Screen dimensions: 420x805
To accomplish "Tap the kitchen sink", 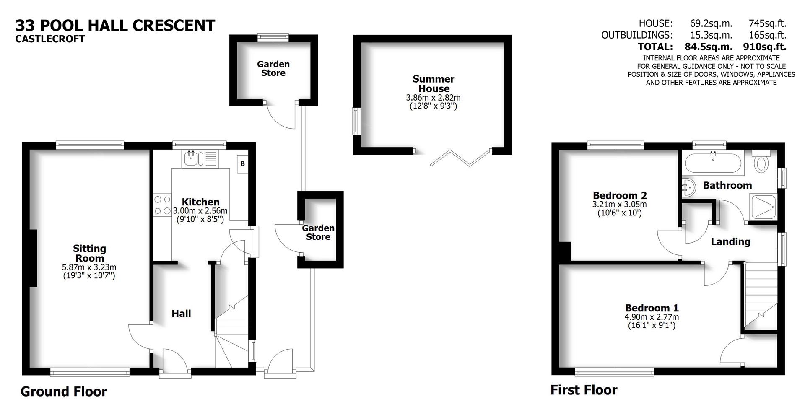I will coord(194,158).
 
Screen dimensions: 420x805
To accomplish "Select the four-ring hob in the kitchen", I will coord(162,205).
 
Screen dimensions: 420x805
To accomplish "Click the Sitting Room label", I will coord(89,253).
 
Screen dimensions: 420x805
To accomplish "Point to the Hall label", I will coord(181,314).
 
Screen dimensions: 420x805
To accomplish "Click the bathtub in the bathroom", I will coord(713,163).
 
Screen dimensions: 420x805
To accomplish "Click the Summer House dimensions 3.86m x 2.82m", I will coord(433,98).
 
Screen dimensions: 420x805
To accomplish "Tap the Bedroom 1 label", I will coord(652,308).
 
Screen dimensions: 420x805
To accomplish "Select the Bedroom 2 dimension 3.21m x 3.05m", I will coord(619,205).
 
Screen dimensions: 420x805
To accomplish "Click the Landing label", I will coord(730,241).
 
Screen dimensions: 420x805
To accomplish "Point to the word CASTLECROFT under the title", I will coord(50,39).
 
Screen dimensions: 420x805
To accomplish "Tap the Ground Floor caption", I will coord(64,391).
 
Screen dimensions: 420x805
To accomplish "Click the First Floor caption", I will coord(584,390).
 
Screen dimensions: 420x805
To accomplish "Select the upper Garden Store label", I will coord(273,68).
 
